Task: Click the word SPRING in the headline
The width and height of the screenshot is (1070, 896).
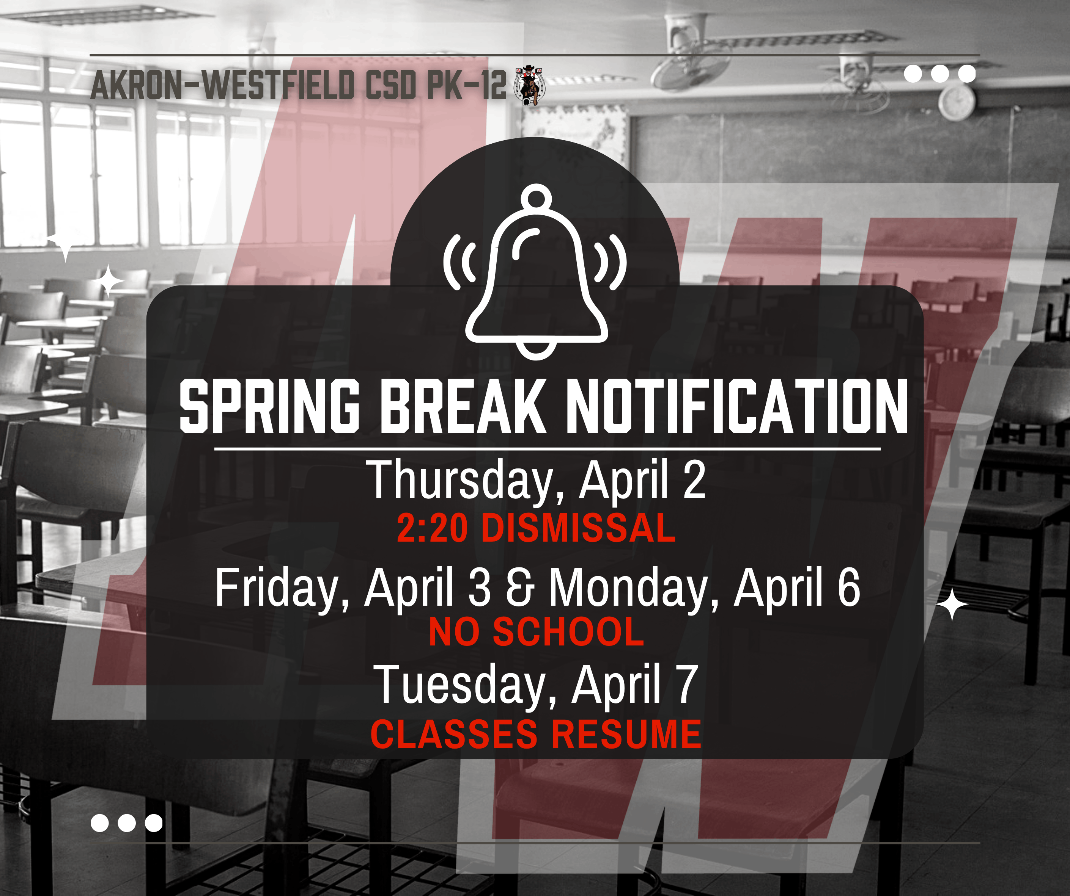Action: [x=269, y=407]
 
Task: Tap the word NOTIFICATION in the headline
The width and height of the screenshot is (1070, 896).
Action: [x=737, y=407]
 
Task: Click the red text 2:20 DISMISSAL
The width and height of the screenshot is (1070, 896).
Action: [x=536, y=528]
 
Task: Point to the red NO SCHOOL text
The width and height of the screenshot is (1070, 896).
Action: [x=537, y=632]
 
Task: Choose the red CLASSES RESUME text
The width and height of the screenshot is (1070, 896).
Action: [x=536, y=735]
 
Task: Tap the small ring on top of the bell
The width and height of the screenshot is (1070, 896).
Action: [x=536, y=196]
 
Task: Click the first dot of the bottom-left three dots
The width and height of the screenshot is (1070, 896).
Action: [x=99, y=823]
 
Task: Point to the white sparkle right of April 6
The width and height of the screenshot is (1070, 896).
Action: [x=952, y=604]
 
